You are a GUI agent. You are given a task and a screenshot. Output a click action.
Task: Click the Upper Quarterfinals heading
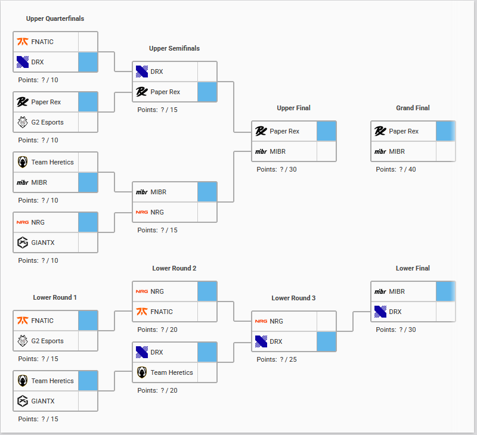point(55,18)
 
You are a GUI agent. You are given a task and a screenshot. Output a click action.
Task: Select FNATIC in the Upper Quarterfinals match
point(42,42)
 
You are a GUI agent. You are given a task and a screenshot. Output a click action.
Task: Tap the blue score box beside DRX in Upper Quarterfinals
point(88,62)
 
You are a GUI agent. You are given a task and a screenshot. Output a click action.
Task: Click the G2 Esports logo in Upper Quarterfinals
point(23,122)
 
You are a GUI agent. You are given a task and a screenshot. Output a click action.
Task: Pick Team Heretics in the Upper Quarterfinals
point(52,162)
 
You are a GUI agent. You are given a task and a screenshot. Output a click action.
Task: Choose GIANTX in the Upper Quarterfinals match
point(43,243)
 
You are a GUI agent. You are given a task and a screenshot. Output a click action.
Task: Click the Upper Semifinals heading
point(174,48)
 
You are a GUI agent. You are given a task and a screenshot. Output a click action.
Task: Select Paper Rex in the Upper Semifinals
point(165,92)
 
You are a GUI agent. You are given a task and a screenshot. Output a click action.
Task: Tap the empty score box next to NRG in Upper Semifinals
point(207,212)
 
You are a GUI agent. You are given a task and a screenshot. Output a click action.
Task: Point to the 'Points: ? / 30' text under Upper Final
point(277,169)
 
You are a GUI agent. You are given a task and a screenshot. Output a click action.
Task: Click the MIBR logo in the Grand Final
point(380,151)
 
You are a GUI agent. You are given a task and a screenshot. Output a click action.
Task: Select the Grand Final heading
point(413,108)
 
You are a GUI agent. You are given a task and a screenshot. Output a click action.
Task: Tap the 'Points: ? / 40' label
point(396,169)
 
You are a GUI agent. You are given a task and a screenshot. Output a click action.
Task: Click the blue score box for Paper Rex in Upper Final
point(326,131)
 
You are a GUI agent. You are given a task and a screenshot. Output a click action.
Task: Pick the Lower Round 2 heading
point(174,268)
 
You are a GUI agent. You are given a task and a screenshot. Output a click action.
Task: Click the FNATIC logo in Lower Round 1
point(23,321)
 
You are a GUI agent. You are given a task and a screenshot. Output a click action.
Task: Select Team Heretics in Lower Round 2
point(172,372)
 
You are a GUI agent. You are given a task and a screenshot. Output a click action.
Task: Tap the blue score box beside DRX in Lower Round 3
point(326,341)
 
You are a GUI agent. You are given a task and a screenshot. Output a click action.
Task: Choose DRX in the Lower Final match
point(395,312)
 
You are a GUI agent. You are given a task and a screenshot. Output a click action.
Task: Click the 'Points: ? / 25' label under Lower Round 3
point(277,359)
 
